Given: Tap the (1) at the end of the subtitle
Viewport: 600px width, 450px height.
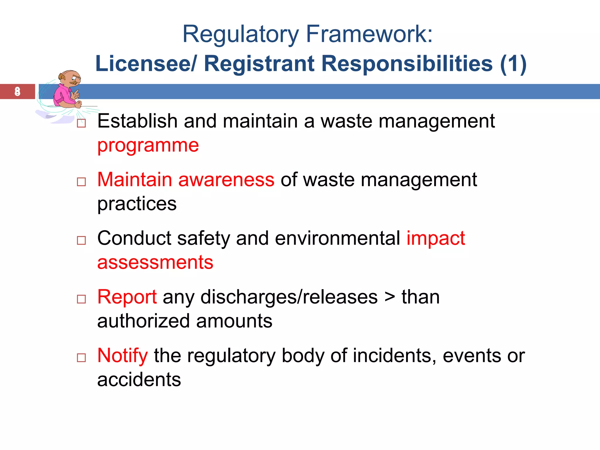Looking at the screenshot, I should point(513,64).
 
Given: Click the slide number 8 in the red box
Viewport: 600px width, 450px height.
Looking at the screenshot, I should point(18,91).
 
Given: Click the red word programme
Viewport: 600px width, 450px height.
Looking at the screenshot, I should point(148,146).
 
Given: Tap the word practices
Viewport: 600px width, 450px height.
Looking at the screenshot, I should point(137,204).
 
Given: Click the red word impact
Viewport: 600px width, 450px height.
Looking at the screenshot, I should point(436,238).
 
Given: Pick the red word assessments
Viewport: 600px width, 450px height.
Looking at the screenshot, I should point(155,262).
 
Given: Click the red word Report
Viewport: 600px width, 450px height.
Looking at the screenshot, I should point(127,297).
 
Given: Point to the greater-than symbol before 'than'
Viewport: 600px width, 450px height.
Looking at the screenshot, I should point(390,298).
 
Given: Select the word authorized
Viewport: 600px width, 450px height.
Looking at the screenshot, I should point(144,321).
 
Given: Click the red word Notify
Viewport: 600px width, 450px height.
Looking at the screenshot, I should point(122,356).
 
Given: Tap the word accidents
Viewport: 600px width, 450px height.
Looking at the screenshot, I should point(139,380).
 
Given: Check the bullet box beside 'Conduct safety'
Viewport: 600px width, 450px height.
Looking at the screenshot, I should point(81,241).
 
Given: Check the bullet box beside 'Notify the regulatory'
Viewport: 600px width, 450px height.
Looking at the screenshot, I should point(81,358).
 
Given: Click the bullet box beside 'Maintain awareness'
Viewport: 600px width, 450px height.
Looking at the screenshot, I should point(81,182).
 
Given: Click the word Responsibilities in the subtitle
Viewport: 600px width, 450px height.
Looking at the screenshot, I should point(407,64).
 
